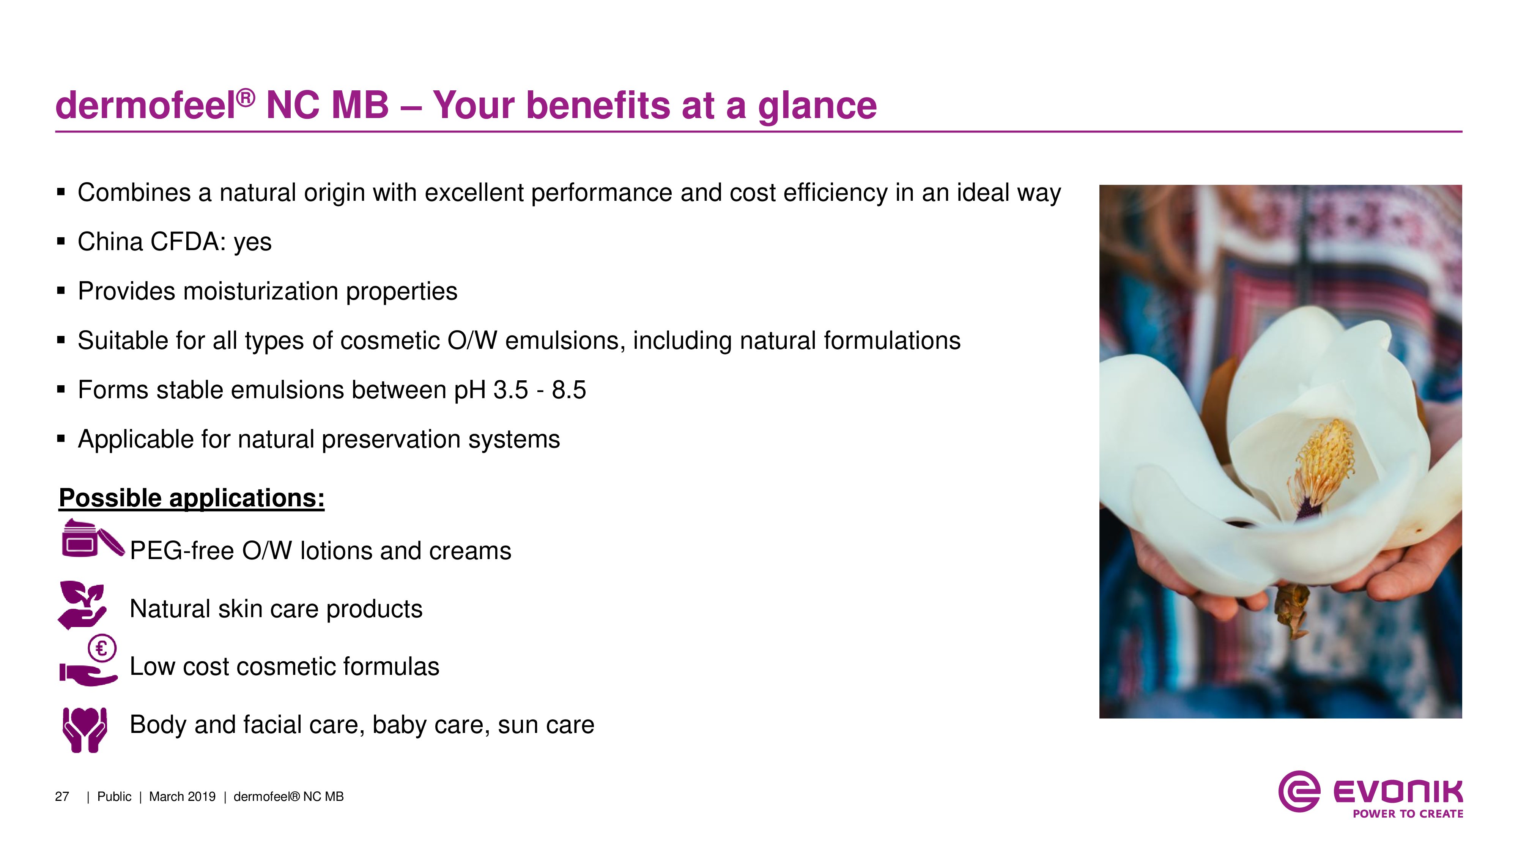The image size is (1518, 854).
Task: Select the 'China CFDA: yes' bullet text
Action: click(175, 242)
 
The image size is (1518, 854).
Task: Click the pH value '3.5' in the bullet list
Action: click(510, 389)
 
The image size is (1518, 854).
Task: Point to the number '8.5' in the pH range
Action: click(568, 389)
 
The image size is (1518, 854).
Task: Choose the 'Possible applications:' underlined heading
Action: click(192, 498)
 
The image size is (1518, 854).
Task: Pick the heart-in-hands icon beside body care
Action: click(85, 730)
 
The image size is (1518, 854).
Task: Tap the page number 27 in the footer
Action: click(62, 797)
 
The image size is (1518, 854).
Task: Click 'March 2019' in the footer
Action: click(182, 797)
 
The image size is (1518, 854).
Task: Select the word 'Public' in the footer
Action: click(114, 797)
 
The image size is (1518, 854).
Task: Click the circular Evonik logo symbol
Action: click(1299, 791)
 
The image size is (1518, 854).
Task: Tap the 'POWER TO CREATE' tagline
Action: click(1408, 814)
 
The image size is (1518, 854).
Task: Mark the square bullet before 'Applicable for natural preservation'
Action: click(61, 438)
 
